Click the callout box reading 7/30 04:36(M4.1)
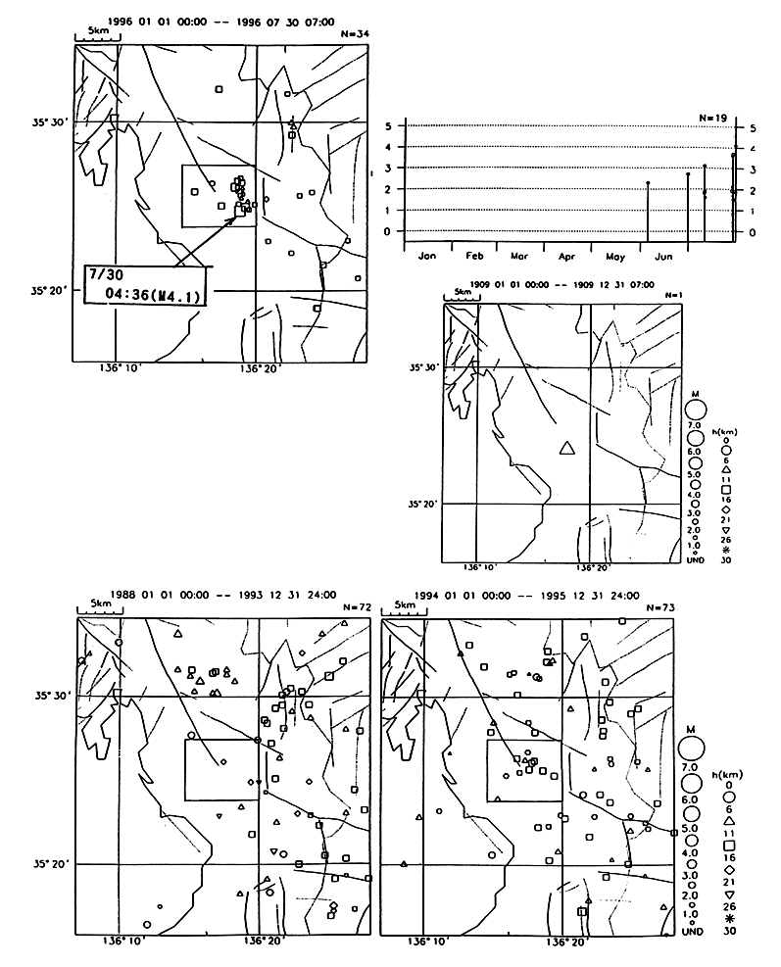click(145, 284)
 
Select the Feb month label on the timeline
click(475, 256)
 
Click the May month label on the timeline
click(616, 256)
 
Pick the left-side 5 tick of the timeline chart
click(388, 126)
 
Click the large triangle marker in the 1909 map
click(565, 448)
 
